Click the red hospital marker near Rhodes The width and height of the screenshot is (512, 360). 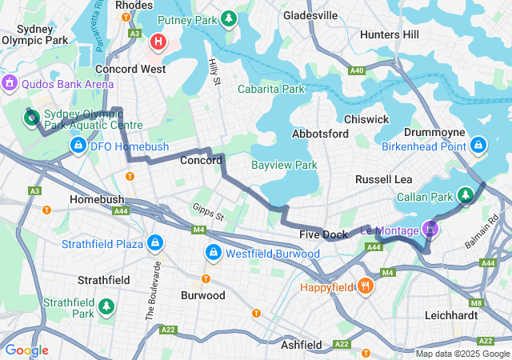tap(158, 41)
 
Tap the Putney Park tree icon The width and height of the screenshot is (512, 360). tap(229, 18)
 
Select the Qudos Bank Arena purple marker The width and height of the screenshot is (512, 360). tap(10, 82)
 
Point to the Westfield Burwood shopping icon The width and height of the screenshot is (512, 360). tap(213, 254)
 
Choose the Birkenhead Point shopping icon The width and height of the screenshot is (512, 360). tap(478, 145)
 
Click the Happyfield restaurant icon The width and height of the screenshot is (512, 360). tap(366, 286)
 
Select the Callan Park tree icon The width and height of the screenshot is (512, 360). tap(466, 194)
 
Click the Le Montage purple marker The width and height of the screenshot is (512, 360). tap(430, 230)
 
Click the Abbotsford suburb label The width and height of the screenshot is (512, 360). tap(320, 134)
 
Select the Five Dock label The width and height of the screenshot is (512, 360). tap(323, 234)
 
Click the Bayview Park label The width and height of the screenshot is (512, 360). tap(285, 166)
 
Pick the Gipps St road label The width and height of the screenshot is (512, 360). tap(208, 212)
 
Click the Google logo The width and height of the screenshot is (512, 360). tap(26, 350)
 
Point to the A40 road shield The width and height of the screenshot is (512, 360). tap(358, 71)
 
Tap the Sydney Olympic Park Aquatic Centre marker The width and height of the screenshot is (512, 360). tap(31, 119)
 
